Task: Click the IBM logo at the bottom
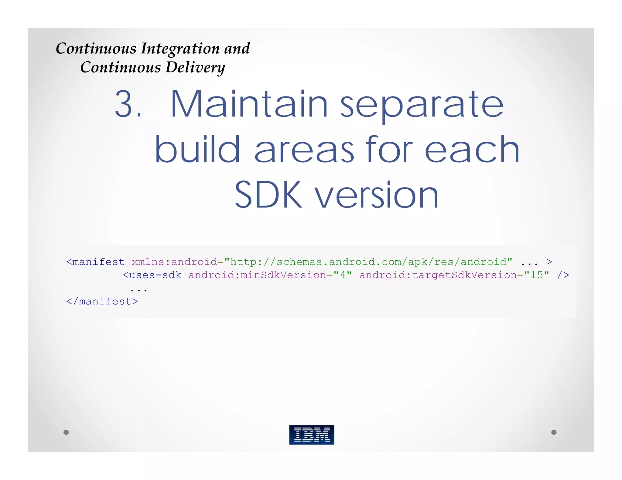click(312, 434)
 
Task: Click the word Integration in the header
click(180, 49)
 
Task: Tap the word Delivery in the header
click(195, 67)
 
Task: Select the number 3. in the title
click(128, 104)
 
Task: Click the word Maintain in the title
click(249, 104)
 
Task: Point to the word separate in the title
click(422, 106)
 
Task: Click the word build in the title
click(197, 149)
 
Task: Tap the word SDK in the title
click(268, 194)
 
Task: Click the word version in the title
click(377, 196)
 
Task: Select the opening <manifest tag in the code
click(95, 262)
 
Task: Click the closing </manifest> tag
click(102, 301)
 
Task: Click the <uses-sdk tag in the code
click(152, 275)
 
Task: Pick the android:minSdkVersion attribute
click(257, 275)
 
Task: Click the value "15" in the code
click(537, 275)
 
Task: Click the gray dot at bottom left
click(66, 432)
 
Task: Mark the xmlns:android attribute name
click(174, 262)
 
